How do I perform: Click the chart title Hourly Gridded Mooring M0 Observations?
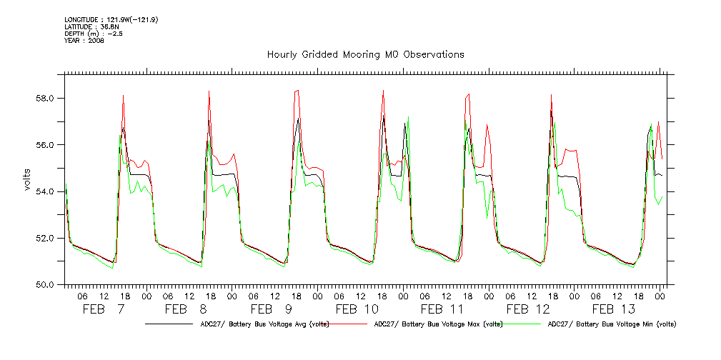(x=365, y=54)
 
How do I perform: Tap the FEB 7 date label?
(x=104, y=309)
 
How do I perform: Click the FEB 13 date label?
(x=614, y=309)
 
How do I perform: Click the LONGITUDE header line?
(x=111, y=19)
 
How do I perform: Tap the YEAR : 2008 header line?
(x=84, y=41)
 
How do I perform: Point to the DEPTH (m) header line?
(x=94, y=34)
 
